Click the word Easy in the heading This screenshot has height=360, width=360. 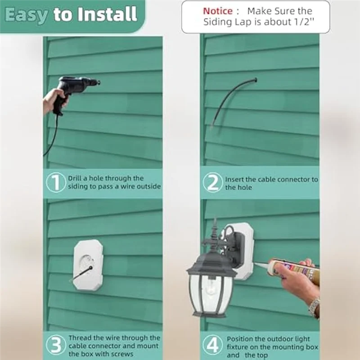coord(26,15)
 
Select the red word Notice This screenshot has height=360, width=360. coord(218,11)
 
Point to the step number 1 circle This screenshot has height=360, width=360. coord(56,183)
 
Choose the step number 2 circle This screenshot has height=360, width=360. coord(212,183)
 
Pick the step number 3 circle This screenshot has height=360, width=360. coord(56,345)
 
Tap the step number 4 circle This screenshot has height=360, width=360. coord(212,345)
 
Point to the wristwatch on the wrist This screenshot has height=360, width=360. coord(314,306)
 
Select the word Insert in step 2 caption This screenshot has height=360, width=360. coord(234,180)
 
